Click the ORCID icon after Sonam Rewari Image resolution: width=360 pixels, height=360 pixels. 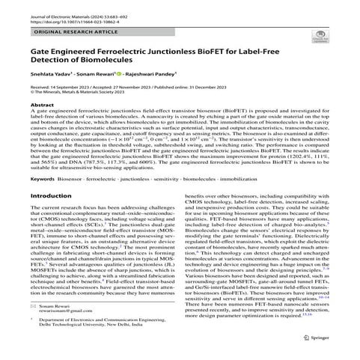pyautogui.click(x=118, y=76)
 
